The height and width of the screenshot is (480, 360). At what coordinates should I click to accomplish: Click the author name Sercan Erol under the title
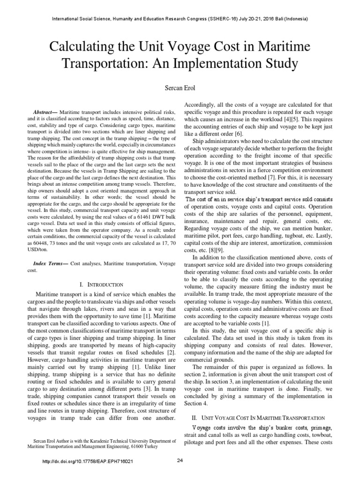click(x=180, y=88)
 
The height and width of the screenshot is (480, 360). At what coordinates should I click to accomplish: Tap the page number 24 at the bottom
click(x=180, y=461)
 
